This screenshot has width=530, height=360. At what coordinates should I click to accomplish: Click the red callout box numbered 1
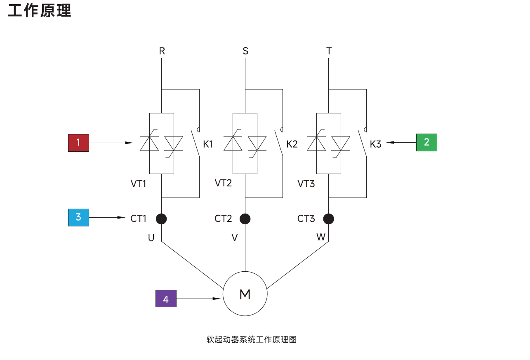78,143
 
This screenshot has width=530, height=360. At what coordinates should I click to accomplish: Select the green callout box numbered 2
426,142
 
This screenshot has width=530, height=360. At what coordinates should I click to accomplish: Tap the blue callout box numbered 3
78,217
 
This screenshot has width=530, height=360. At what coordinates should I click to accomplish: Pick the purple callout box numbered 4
166,299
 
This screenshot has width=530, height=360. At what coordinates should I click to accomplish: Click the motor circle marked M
245,294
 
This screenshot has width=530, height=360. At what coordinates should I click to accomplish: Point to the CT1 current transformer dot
161,219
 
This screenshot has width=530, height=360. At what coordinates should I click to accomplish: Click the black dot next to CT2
245,219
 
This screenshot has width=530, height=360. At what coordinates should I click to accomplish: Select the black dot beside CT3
329,219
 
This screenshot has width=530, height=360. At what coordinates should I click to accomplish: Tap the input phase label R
162,51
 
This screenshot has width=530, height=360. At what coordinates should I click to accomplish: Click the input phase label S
245,51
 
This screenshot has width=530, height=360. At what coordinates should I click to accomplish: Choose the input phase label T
329,51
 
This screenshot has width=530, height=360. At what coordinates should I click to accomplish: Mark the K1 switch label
208,144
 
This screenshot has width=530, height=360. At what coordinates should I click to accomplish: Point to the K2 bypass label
292,144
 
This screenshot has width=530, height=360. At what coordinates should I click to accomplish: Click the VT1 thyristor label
139,184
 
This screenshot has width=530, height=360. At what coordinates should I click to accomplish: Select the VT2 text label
223,183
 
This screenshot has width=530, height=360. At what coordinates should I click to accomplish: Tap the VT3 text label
306,184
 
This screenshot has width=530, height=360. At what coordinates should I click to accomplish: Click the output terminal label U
151,238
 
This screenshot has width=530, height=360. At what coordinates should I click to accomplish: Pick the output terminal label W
320,237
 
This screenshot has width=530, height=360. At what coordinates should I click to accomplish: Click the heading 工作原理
40,10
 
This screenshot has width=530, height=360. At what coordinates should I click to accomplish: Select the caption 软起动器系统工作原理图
252,340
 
